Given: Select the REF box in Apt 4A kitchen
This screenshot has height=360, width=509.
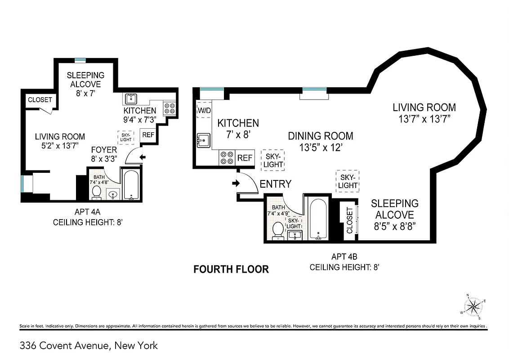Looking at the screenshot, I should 147,135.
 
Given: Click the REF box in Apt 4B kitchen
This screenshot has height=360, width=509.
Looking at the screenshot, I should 245,158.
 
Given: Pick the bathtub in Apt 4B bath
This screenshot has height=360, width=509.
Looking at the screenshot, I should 319,219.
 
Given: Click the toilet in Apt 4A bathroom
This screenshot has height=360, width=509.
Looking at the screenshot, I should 96,192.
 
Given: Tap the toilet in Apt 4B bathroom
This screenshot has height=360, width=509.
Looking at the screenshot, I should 278,230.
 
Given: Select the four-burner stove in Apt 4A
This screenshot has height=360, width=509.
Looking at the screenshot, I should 170,108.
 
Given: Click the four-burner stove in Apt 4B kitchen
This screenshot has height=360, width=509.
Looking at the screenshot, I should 227,158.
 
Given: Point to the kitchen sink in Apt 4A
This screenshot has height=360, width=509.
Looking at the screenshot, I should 131,99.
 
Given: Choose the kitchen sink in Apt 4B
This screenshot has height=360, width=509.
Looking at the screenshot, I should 203,140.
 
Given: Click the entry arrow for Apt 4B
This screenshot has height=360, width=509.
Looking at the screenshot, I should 235,184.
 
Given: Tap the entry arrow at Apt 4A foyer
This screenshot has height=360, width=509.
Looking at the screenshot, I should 143,157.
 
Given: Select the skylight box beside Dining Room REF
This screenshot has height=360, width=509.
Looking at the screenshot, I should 273,160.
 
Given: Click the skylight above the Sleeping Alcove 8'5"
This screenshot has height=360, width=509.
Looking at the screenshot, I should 348,181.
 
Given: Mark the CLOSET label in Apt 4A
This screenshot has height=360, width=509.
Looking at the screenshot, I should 40,100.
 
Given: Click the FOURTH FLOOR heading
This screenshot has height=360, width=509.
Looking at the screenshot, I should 231,269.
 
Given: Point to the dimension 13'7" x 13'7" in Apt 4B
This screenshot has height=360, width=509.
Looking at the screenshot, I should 424,119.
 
